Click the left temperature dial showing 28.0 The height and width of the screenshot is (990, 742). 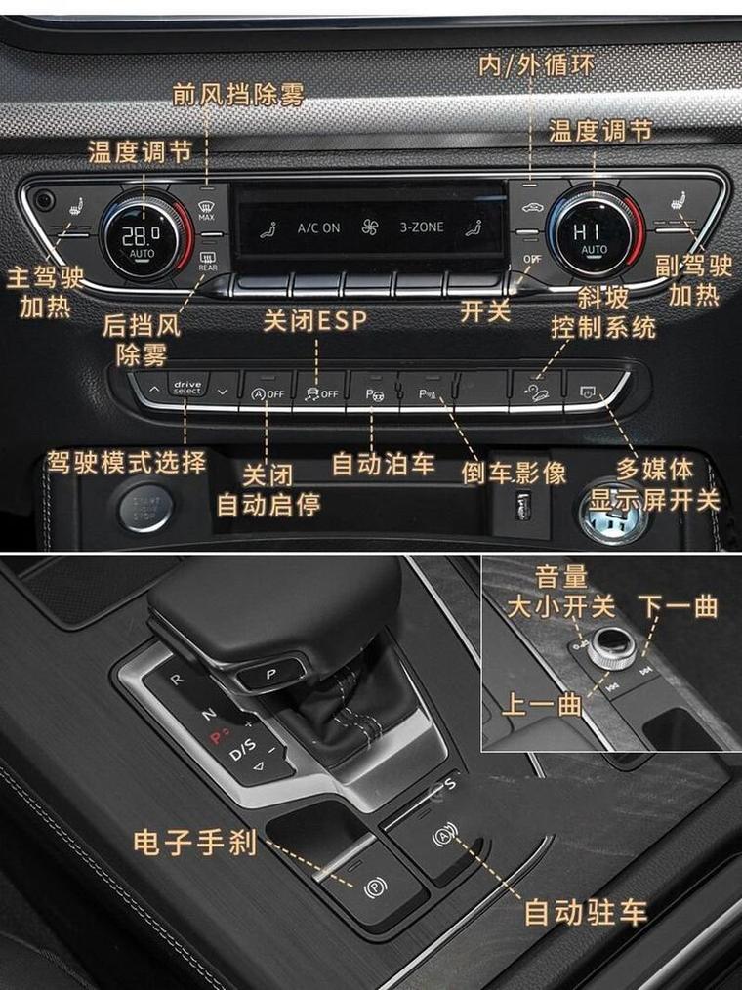(142, 234)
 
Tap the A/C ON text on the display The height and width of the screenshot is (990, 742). (318, 227)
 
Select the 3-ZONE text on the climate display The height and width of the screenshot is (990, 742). (421, 227)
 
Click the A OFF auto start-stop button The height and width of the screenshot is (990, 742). (267, 392)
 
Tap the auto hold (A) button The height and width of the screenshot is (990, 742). (444, 838)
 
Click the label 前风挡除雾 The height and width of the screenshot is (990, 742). (238, 95)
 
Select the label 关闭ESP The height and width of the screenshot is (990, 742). (315, 320)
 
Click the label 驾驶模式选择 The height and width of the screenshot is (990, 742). (127, 461)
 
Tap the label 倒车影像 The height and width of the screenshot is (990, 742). (515, 473)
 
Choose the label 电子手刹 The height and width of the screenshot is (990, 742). (195, 842)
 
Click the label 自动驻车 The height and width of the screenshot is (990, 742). (586, 912)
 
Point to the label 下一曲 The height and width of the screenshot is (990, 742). (678, 605)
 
